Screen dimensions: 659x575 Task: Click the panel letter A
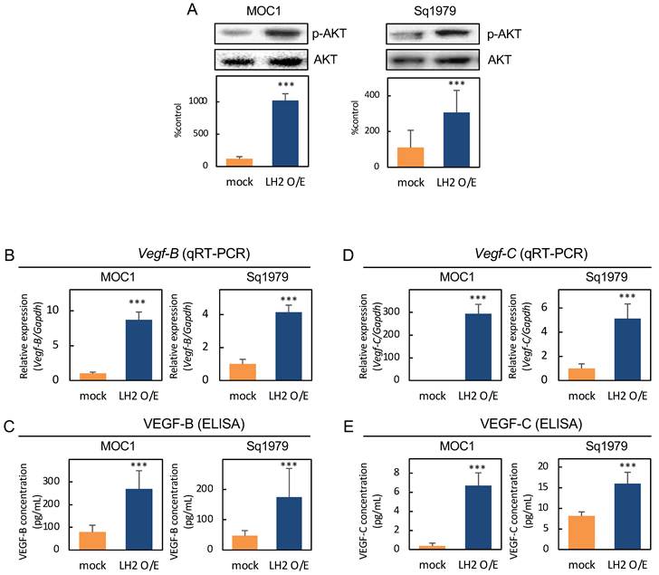pos(192,9)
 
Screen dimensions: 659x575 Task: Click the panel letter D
pos(348,254)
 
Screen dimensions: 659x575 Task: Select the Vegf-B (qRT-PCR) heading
pos(194,253)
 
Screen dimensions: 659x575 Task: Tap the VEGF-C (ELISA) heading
pos(531,424)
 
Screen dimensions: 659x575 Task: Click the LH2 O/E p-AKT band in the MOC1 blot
pos(284,33)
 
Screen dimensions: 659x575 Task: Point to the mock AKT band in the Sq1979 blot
pos(407,61)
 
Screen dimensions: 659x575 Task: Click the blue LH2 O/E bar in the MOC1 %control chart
pos(285,134)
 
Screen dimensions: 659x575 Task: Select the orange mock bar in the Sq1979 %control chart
pos(411,158)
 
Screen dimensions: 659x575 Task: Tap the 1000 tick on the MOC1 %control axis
pos(198,101)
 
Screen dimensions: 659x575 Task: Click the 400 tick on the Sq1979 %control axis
pos(372,95)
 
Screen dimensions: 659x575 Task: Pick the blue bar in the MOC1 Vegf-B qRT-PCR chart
pos(138,350)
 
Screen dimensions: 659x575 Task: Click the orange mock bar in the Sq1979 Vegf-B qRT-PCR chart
pos(243,372)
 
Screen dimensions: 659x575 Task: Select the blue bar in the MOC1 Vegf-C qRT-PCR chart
pos(478,347)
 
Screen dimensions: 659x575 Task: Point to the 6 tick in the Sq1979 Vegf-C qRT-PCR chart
pos(544,307)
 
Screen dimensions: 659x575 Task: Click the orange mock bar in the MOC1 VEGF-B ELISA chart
pos(92,541)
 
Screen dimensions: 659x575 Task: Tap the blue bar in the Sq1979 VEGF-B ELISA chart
pos(289,523)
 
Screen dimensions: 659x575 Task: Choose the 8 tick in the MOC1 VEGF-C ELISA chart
pos(396,473)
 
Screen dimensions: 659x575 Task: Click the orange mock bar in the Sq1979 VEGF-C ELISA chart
pos(581,532)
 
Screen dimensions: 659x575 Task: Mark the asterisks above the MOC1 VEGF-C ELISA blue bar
pos(477,467)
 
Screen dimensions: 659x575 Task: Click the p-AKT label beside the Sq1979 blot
pos(504,34)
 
